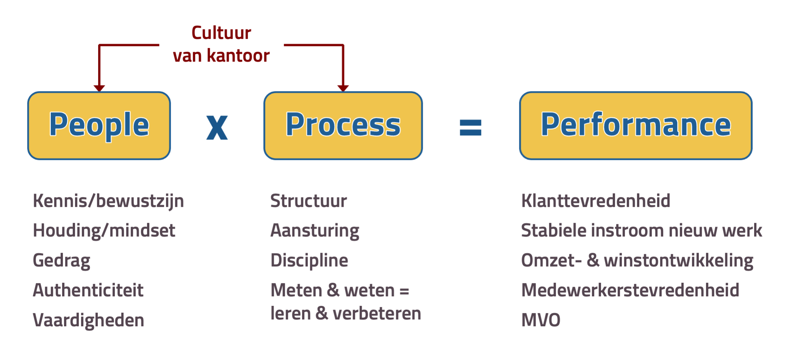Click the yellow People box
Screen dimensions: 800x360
point(99,125)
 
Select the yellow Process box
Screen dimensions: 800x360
point(343,125)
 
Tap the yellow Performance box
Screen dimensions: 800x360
point(636,125)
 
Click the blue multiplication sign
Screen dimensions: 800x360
point(217,128)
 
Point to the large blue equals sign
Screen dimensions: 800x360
point(471,128)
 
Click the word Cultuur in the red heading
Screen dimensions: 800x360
point(221,33)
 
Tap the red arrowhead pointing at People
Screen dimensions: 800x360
point(99,88)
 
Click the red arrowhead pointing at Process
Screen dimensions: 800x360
point(343,88)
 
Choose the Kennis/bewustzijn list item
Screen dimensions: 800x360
point(108,201)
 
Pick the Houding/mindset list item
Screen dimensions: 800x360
point(104,231)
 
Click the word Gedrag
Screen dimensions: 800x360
point(62,261)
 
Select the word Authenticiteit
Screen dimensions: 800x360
point(88,290)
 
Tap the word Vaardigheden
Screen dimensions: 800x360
point(89,320)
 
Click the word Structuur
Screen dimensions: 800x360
point(309,201)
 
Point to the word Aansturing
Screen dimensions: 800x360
point(315,231)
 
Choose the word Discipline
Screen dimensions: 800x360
point(309,261)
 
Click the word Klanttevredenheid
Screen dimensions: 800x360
point(596,201)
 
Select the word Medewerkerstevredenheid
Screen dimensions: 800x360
point(631,290)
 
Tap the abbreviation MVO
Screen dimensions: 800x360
point(541,320)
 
